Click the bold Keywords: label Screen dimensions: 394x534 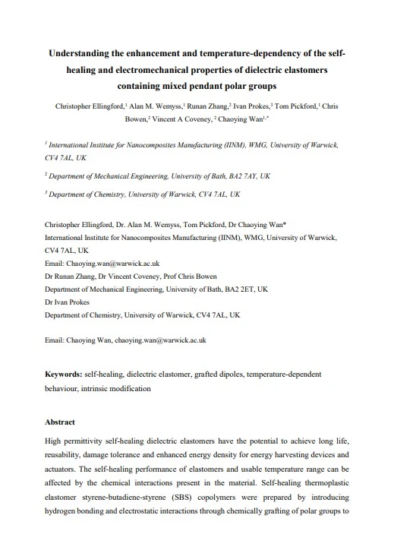click(64, 374)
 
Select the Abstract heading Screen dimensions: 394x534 click(60, 422)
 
